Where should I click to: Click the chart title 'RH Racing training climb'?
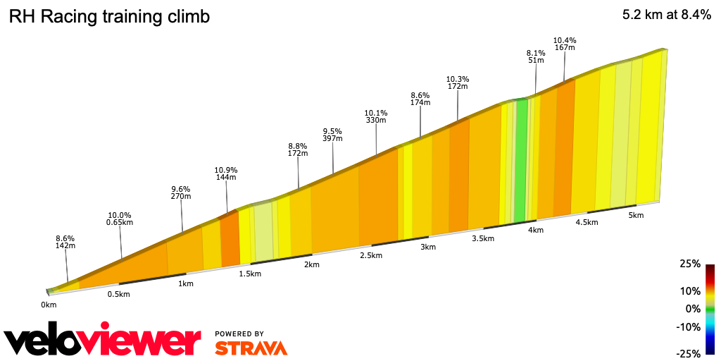coord(109,17)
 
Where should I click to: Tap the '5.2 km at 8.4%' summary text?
coord(666,16)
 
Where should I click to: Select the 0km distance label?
coord(49,305)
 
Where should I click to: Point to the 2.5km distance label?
coord(370,255)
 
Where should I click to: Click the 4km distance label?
coord(535,231)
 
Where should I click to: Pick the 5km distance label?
coord(636,215)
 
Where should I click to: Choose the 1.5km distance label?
coord(251,274)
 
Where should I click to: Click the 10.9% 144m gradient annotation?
coord(226,173)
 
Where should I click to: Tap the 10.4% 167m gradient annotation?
coord(565,44)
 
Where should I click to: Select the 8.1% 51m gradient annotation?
coord(536,56)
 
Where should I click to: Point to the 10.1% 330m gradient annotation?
coord(376,116)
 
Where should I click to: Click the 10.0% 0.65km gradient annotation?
coord(120,219)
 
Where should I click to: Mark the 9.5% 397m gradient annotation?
coord(332,135)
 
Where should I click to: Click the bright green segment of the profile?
coord(520,162)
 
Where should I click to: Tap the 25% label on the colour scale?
coord(691,264)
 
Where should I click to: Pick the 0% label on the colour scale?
coord(694,309)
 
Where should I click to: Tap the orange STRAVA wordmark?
coord(251,348)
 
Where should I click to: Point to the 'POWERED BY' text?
coord(239,334)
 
